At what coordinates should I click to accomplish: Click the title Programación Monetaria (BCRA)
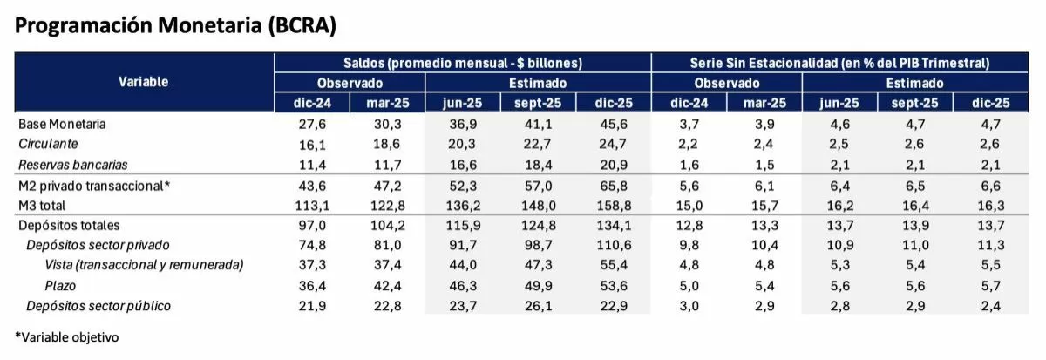[175, 25]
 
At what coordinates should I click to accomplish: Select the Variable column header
[144, 82]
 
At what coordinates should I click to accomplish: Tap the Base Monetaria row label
[62, 125]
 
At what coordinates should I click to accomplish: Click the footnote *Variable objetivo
[66, 336]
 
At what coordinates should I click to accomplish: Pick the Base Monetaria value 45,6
[614, 125]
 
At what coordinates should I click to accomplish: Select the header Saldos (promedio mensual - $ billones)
[463, 63]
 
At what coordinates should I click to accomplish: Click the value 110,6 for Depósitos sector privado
[614, 246]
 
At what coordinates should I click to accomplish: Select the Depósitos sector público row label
[98, 306]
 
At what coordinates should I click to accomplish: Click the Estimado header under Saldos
[538, 83]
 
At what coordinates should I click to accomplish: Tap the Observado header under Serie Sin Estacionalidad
[727, 83]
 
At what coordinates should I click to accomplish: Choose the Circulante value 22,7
[538, 145]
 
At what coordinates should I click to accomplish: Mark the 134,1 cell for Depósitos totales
[614, 226]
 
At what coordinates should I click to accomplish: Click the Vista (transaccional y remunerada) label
[144, 266]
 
